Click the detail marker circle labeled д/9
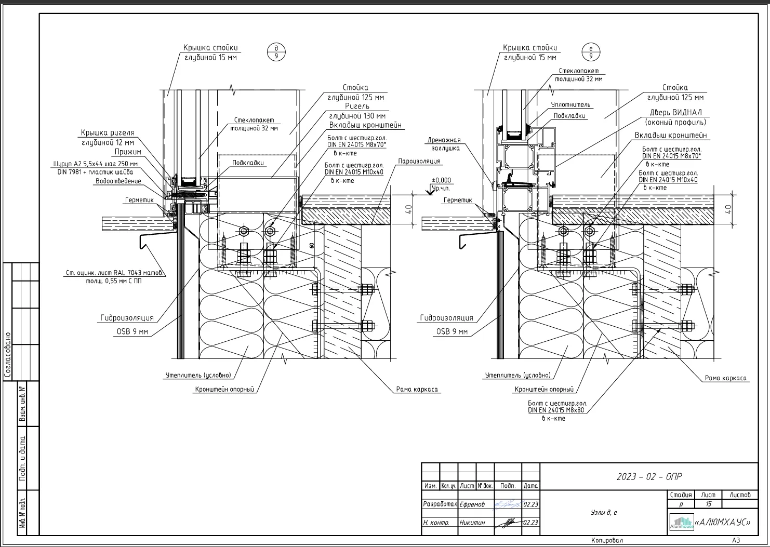[x=276, y=51]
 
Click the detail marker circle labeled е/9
[x=591, y=51]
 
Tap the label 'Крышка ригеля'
[x=108, y=133]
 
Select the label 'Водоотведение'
[x=118, y=181]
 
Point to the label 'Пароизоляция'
[x=419, y=161]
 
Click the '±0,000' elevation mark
[x=442, y=180]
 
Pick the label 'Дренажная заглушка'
[x=444, y=144]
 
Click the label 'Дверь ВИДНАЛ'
[x=675, y=113]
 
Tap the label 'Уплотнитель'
[x=570, y=105]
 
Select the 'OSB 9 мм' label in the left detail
[x=131, y=331]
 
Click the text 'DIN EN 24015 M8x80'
[x=556, y=410]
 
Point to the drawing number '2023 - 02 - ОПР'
[x=649, y=476]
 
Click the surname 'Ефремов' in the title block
[x=472, y=504]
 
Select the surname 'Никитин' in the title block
[x=472, y=523]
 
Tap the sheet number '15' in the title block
[x=708, y=504]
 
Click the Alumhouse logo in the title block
[x=681, y=522]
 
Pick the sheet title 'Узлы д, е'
[x=604, y=513]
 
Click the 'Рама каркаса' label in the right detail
[x=726, y=378]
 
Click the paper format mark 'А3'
[x=736, y=540]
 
